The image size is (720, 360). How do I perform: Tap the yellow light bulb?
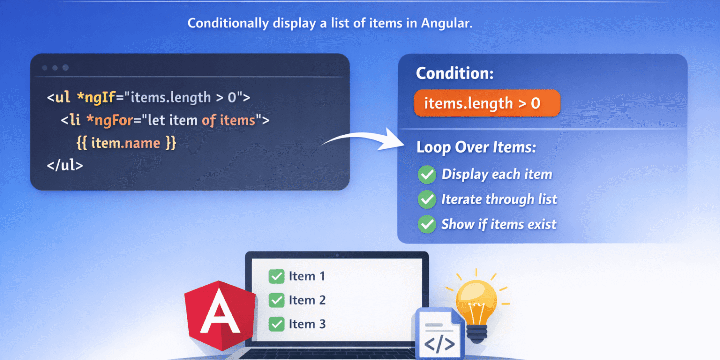point(476,305)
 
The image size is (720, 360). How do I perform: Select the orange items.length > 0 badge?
point(487,103)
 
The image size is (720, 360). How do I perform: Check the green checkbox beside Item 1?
point(276,276)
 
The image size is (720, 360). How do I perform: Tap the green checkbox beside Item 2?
point(276,300)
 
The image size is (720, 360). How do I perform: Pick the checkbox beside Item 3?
point(276,324)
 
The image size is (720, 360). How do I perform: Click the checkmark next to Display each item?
point(426,175)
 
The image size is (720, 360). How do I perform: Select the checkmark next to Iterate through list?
point(426,200)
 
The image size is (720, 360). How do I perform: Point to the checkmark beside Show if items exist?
point(426,225)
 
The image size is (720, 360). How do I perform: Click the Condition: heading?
point(455,74)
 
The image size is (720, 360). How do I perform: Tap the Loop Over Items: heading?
point(476,147)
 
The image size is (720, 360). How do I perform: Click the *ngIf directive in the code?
point(95,97)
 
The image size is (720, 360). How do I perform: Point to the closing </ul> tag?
point(65,165)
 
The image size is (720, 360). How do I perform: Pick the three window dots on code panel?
point(55,68)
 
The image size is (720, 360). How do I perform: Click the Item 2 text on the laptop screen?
point(307,300)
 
